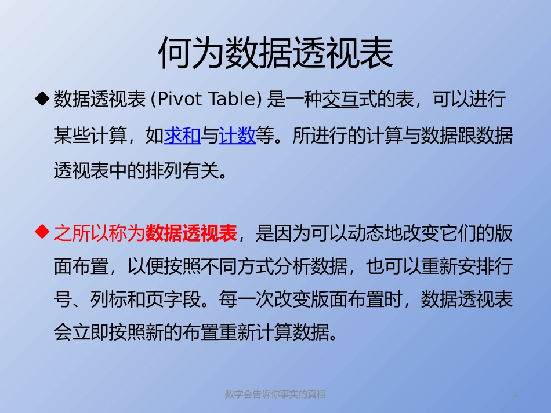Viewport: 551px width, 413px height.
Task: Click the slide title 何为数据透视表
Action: [275, 54]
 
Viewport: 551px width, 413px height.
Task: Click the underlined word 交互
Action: [340, 100]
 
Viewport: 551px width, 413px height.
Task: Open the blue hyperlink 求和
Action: [182, 136]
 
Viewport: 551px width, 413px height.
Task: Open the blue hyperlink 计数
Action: [238, 136]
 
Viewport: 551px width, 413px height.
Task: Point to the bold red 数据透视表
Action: [191, 233]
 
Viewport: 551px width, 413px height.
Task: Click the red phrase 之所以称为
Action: [99, 233]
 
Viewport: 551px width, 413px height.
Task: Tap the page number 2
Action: [515, 394]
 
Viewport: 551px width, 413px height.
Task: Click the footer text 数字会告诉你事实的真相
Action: [275, 394]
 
